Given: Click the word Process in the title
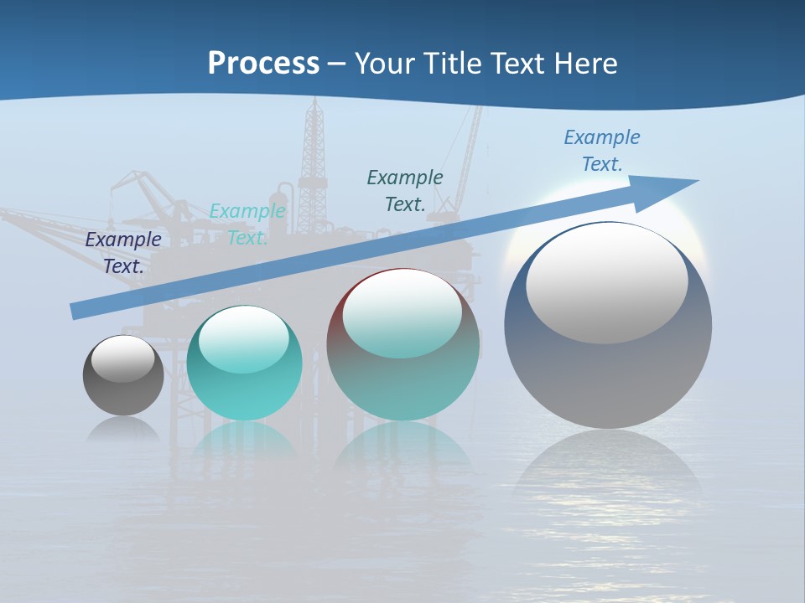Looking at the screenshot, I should [263, 63].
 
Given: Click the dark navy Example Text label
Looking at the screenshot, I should [123, 252].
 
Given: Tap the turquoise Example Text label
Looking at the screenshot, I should [247, 224].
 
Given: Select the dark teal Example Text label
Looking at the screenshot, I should [405, 190].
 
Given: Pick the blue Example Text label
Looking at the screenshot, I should [601, 150].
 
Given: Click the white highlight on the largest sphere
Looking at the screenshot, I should [606, 283].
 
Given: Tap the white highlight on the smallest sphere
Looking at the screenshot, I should [123, 358].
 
